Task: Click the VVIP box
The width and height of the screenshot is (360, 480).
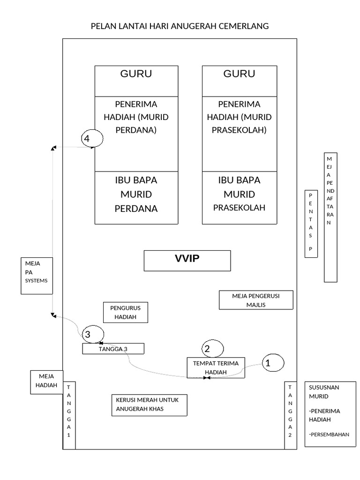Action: pos(187,261)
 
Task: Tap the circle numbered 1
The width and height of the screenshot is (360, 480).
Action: pos(272,362)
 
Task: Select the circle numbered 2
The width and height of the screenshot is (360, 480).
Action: pos(212,348)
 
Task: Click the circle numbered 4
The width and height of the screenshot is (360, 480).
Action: pos(91,139)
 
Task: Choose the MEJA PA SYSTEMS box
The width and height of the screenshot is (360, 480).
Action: pos(37,276)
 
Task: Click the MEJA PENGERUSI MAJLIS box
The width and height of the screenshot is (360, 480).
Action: pos(256,300)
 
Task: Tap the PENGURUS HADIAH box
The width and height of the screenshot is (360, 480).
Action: pos(125,312)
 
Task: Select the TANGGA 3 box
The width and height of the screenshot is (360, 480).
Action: pos(113,349)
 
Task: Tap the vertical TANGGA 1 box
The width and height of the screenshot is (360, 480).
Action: pos(69,415)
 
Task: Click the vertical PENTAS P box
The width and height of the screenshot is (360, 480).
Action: pos(311,224)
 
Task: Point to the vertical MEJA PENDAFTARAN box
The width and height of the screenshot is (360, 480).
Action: pos(330,217)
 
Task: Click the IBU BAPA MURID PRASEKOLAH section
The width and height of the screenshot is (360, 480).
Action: pos(239,197)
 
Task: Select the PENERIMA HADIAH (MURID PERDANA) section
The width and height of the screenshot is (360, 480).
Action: pos(136,134)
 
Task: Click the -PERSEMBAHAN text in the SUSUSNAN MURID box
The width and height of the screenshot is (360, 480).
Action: pos(329,435)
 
